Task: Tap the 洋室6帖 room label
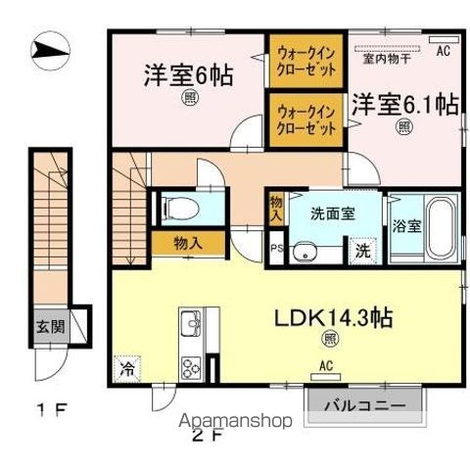[x=189, y=74]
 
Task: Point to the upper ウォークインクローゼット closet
[x=304, y=62]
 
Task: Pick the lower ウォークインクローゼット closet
[x=304, y=121]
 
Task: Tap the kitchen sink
[x=189, y=324]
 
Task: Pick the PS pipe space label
[x=276, y=249]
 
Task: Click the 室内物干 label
[x=386, y=59]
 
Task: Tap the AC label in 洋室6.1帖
[x=443, y=49]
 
